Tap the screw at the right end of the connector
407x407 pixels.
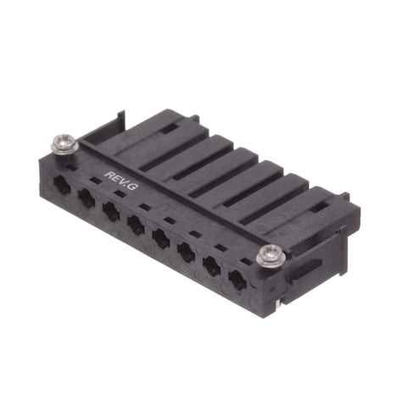coord(270,254)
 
